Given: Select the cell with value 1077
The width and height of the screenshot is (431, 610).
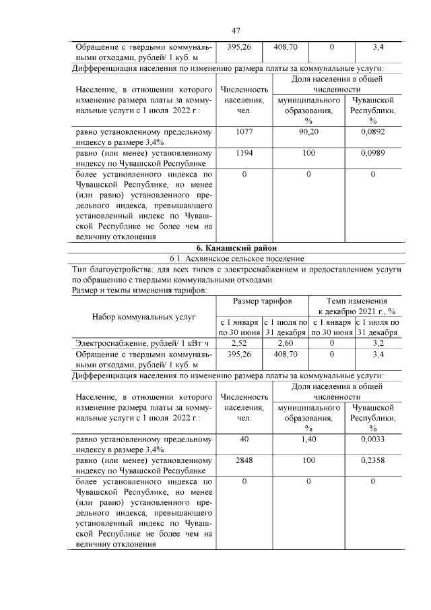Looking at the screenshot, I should pos(244,132).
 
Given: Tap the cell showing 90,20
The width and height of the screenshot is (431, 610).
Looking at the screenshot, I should pos(308,132).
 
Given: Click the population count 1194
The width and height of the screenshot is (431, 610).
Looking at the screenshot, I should pos(244,154).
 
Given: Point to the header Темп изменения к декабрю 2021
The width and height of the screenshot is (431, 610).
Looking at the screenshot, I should pos(356,305).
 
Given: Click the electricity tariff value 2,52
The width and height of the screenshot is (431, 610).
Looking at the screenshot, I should pos(239,343).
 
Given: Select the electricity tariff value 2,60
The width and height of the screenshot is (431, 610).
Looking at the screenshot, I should pos(286,343).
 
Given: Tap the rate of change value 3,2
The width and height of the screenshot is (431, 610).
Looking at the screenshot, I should pos(378,343).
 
